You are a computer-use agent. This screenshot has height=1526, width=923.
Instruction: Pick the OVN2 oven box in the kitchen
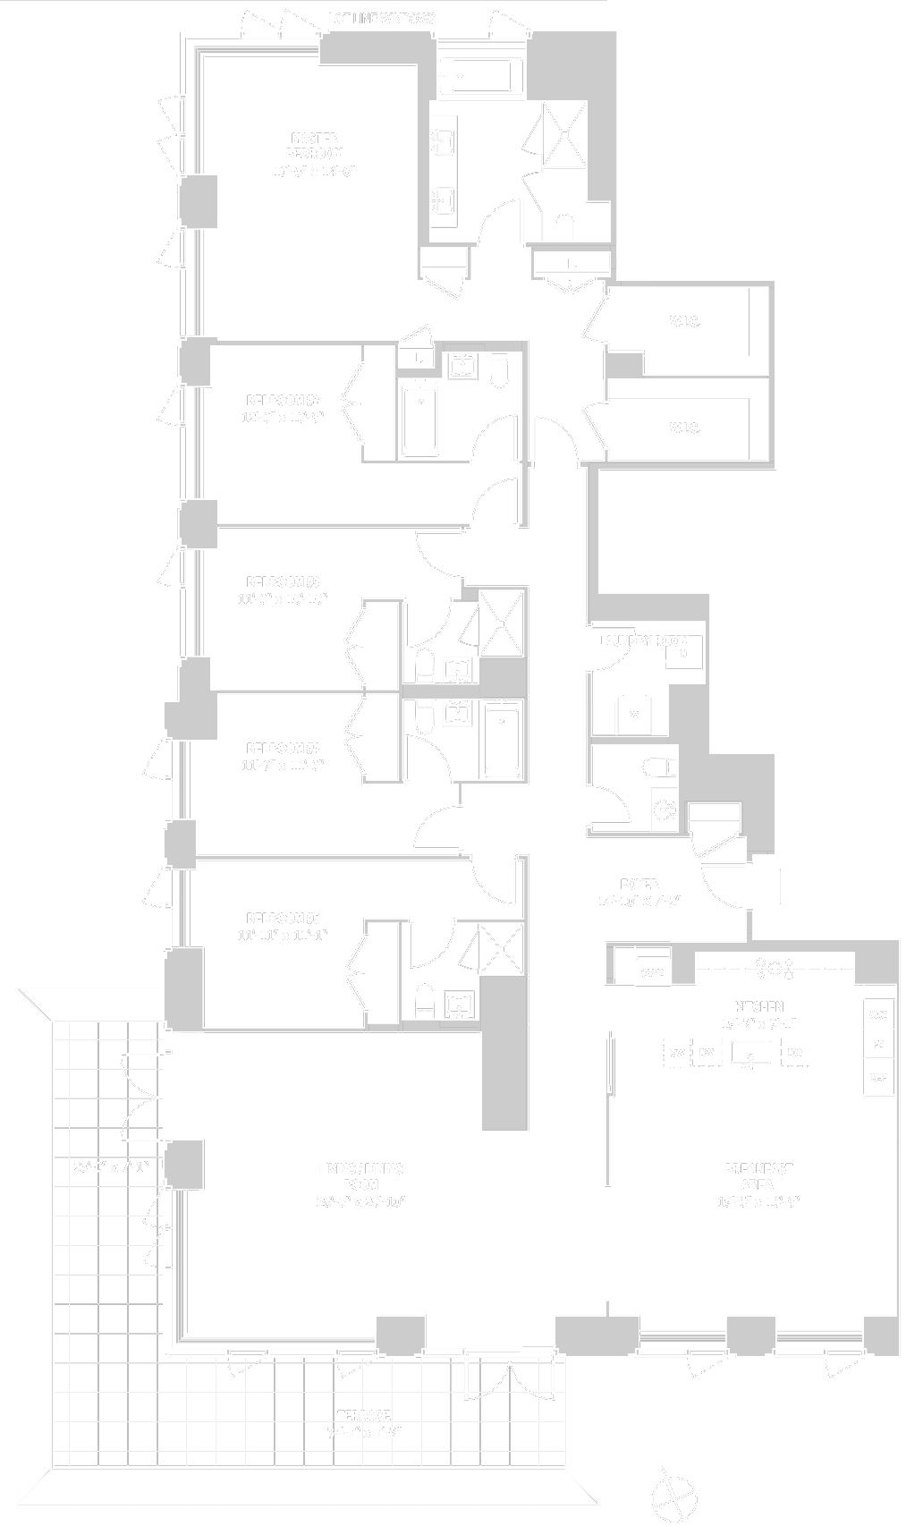point(652,972)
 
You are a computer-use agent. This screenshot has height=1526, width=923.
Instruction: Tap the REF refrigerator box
point(878,1078)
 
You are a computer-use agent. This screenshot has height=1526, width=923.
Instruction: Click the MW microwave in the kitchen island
point(677,1053)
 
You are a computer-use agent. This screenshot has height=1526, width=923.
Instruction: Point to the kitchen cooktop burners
point(775,967)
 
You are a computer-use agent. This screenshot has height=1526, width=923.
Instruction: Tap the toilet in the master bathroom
point(564,227)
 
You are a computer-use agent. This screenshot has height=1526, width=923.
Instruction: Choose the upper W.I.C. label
point(684,322)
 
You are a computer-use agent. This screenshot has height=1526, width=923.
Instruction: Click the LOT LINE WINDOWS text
point(394,18)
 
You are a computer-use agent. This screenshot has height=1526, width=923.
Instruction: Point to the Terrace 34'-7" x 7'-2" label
point(364,1421)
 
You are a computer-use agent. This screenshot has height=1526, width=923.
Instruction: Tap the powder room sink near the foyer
point(664,810)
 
